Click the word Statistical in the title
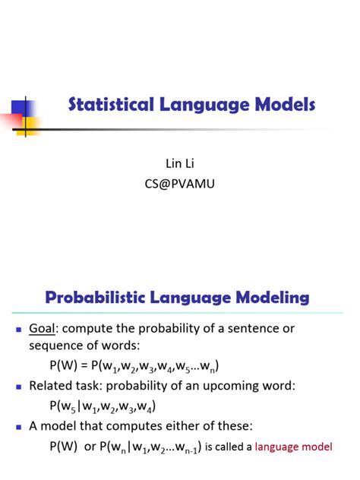111,105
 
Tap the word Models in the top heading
280,105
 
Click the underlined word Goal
43,330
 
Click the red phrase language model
292,447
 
